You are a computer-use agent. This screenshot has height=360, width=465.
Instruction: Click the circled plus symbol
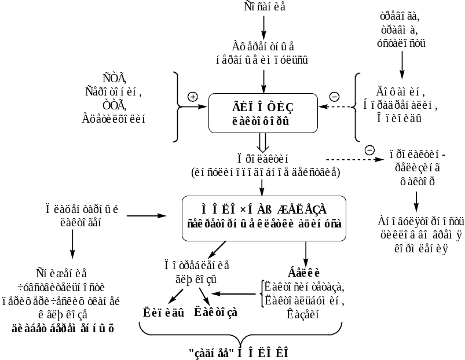click(193, 97)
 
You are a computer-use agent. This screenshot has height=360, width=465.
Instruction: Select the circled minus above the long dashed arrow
click(369, 150)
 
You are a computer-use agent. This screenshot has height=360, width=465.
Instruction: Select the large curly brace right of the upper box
click(354, 106)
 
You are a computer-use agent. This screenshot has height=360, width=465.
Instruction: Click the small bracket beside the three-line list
click(263, 296)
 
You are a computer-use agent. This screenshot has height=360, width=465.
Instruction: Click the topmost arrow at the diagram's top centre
click(263, 25)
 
